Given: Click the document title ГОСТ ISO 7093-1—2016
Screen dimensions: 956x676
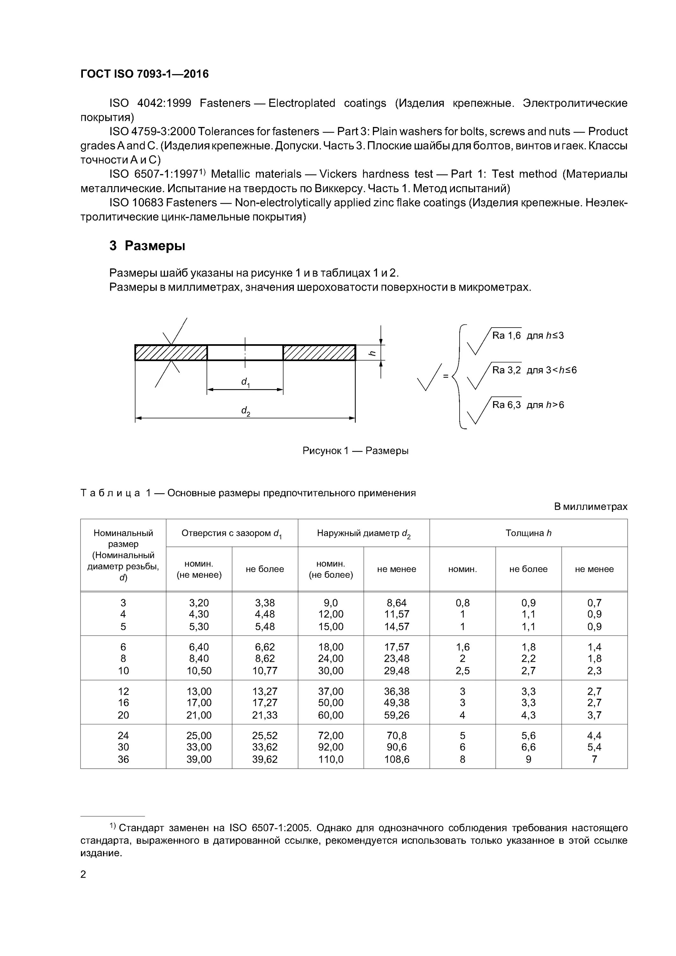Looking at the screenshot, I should coord(144,74).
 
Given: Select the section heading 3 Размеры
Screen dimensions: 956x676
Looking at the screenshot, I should coord(147,246).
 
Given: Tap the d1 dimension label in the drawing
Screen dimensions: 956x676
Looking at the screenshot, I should coord(245,382).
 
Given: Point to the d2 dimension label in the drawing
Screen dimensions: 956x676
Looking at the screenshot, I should coord(246,411).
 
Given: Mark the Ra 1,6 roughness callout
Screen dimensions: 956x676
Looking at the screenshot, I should coord(506,336).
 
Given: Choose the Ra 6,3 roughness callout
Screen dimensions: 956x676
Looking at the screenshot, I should coord(506,405).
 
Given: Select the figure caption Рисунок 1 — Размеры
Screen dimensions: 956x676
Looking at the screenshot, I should coord(355,451).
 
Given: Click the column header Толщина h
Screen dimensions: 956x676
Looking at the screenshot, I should coord(528,533).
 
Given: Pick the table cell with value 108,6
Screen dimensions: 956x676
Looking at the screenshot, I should coord(396,759).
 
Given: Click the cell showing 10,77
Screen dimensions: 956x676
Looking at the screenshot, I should coord(265,671).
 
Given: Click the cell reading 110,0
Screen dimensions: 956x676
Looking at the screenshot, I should coord(331,759).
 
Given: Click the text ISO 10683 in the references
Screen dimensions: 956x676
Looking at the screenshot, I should coord(136,203).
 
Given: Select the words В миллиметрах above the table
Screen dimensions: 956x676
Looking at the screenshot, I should coord(590,507).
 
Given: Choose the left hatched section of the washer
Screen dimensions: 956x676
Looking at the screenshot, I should coord(171,353).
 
